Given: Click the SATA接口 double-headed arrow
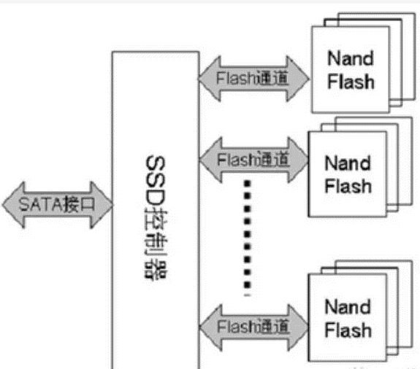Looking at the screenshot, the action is point(57,205).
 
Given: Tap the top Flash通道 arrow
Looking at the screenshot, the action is point(253,79).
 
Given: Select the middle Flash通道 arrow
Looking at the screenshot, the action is point(254,160).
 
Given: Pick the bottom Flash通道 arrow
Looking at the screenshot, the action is point(254,327).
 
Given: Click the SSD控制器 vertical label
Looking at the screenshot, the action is point(156,217).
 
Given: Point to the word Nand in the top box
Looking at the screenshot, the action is point(351,58).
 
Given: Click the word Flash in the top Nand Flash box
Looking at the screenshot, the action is point(351,81).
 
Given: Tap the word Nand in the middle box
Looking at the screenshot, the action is point(348,163).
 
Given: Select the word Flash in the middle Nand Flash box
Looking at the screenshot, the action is point(348,186).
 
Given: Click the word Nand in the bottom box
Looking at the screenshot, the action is point(348,306).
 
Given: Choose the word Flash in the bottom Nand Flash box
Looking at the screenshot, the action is point(348,330).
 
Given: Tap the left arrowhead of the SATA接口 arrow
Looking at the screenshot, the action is point(13,205).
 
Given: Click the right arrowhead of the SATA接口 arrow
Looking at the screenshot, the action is point(102,205).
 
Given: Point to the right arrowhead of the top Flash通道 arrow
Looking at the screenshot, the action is point(298,79).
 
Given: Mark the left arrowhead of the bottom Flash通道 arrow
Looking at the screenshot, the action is point(211,327).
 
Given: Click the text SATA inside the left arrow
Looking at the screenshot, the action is point(40,205).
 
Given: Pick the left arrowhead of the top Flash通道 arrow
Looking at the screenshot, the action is point(210,79).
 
